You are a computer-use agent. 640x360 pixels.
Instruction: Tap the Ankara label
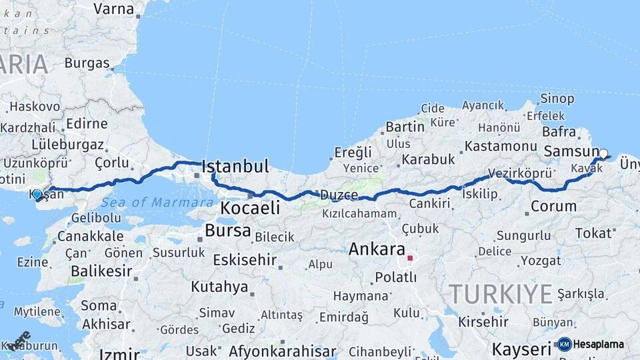point(377,250)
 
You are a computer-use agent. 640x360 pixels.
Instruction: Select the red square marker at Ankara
point(410,257)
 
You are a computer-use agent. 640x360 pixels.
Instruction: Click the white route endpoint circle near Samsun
point(603,153)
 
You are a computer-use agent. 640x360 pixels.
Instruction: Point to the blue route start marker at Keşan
point(37,194)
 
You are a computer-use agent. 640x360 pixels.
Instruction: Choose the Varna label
point(113,9)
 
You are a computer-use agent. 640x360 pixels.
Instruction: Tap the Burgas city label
point(87,63)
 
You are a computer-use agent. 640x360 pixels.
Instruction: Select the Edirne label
point(87,123)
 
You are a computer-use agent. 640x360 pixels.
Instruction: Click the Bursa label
point(228,231)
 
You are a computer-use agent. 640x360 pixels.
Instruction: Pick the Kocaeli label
point(250,208)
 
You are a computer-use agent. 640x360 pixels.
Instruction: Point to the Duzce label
point(339,195)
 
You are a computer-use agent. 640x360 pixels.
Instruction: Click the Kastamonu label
point(501,145)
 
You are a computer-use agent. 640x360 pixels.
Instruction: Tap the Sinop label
point(557,99)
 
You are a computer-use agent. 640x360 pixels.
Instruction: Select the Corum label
point(553,206)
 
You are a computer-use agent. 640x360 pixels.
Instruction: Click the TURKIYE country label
point(500,293)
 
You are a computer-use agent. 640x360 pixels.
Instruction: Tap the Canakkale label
point(90,236)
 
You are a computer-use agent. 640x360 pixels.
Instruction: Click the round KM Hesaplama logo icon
point(564,344)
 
